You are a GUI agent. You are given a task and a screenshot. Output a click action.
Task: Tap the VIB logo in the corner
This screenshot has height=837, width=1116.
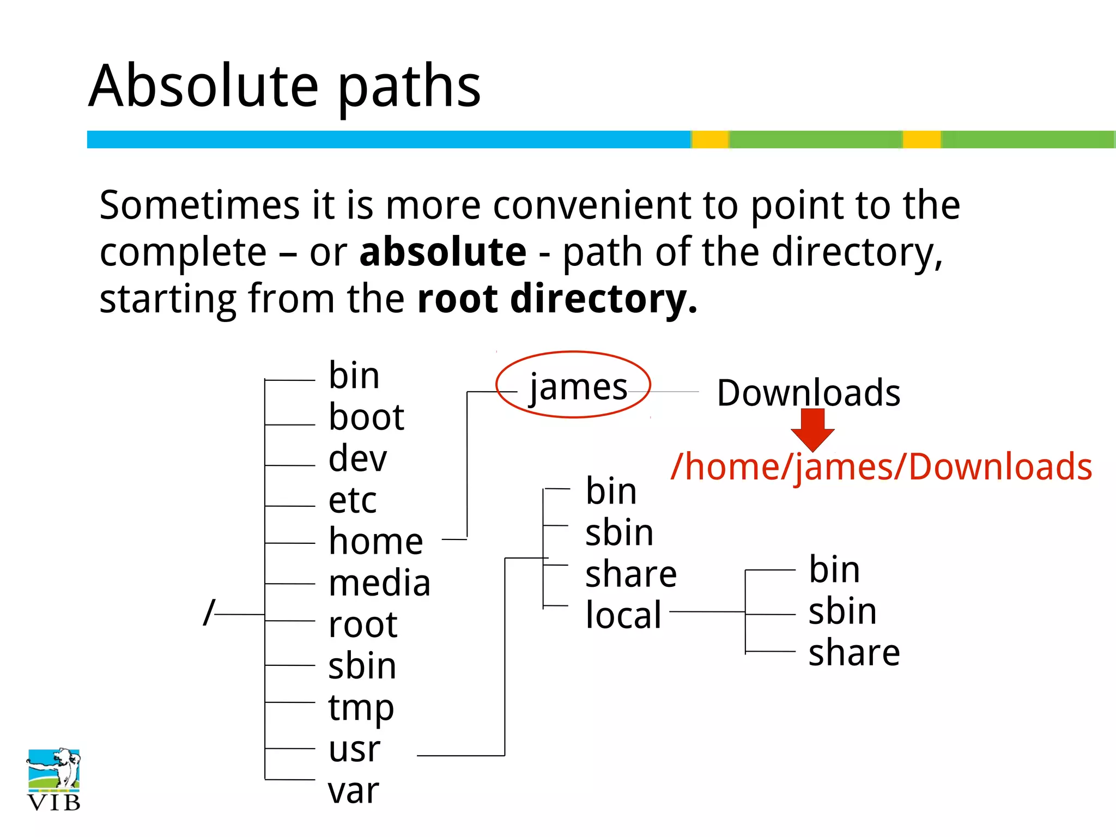coord(53,780)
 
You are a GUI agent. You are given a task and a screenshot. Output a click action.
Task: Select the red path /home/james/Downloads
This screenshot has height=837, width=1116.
coord(881,467)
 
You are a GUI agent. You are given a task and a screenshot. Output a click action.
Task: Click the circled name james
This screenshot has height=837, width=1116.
coord(578,386)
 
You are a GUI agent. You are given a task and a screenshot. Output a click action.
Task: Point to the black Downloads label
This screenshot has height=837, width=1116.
coord(808,393)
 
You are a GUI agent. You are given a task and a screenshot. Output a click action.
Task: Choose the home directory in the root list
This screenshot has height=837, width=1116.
coord(375,542)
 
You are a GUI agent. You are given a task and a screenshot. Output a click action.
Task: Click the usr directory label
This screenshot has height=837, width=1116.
coord(354,749)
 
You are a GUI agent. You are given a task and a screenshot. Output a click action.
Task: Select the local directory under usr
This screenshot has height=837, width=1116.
coord(623,615)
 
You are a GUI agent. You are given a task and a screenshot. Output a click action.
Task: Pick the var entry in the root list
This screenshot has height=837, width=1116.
coord(353,791)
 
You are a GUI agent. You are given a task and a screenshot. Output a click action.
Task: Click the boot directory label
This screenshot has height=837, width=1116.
coord(366,417)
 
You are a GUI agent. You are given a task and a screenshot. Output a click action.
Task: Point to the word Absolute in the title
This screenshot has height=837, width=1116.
coord(203,86)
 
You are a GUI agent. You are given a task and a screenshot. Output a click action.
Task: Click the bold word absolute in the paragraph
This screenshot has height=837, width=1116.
coord(442,252)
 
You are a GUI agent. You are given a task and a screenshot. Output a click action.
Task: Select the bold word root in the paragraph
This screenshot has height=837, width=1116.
coord(457,299)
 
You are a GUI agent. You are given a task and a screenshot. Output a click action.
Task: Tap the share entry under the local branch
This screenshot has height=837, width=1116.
coord(853,653)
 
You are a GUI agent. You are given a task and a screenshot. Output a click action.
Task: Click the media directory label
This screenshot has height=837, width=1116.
coord(379,583)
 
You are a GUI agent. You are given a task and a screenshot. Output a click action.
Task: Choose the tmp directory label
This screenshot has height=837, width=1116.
coord(360,708)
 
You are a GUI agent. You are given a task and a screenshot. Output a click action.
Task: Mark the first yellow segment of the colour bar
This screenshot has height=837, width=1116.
coord(710,139)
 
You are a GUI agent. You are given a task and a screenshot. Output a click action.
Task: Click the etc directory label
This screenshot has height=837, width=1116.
coord(352,500)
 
